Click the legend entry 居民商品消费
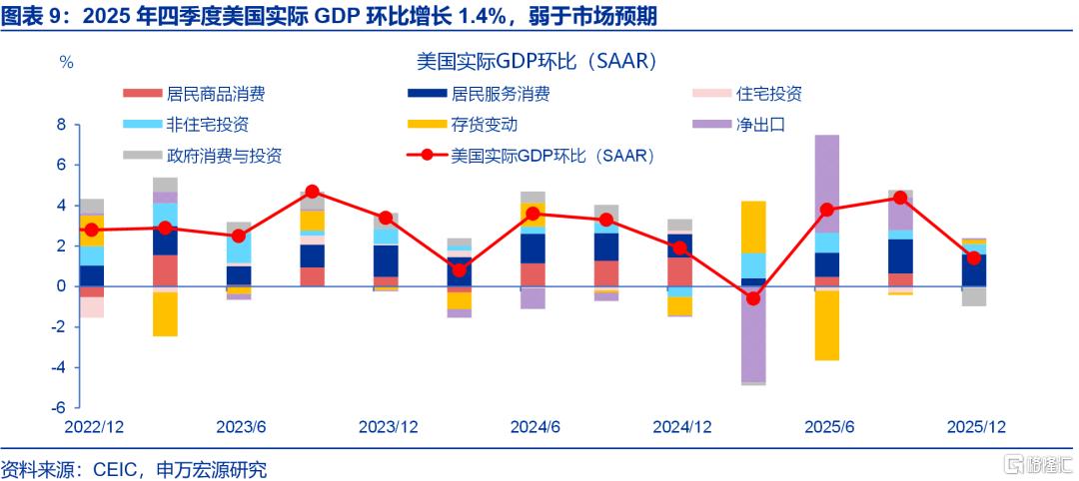[194, 94]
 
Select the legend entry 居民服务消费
[479, 94]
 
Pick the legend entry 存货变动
[462, 125]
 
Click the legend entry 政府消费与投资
[202, 156]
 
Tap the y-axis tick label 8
[61, 125]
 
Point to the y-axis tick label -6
[58, 407]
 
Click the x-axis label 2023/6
[241, 427]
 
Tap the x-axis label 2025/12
[976, 427]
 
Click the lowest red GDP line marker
[753, 299]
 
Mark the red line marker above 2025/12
[973, 257]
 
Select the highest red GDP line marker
[313, 191]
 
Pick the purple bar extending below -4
[753, 334]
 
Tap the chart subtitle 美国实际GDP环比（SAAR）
[537, 61]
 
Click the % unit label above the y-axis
[67, 62]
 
